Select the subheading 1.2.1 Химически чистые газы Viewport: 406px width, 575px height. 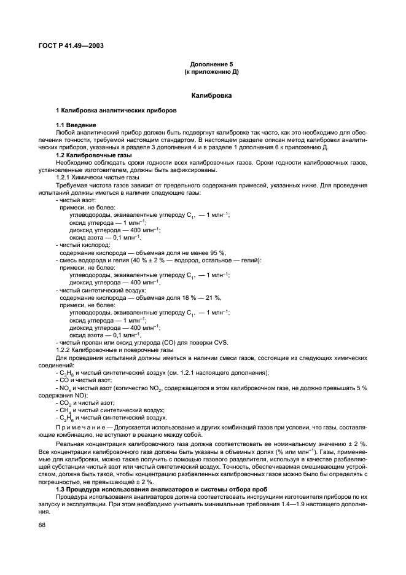coord(93,177)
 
